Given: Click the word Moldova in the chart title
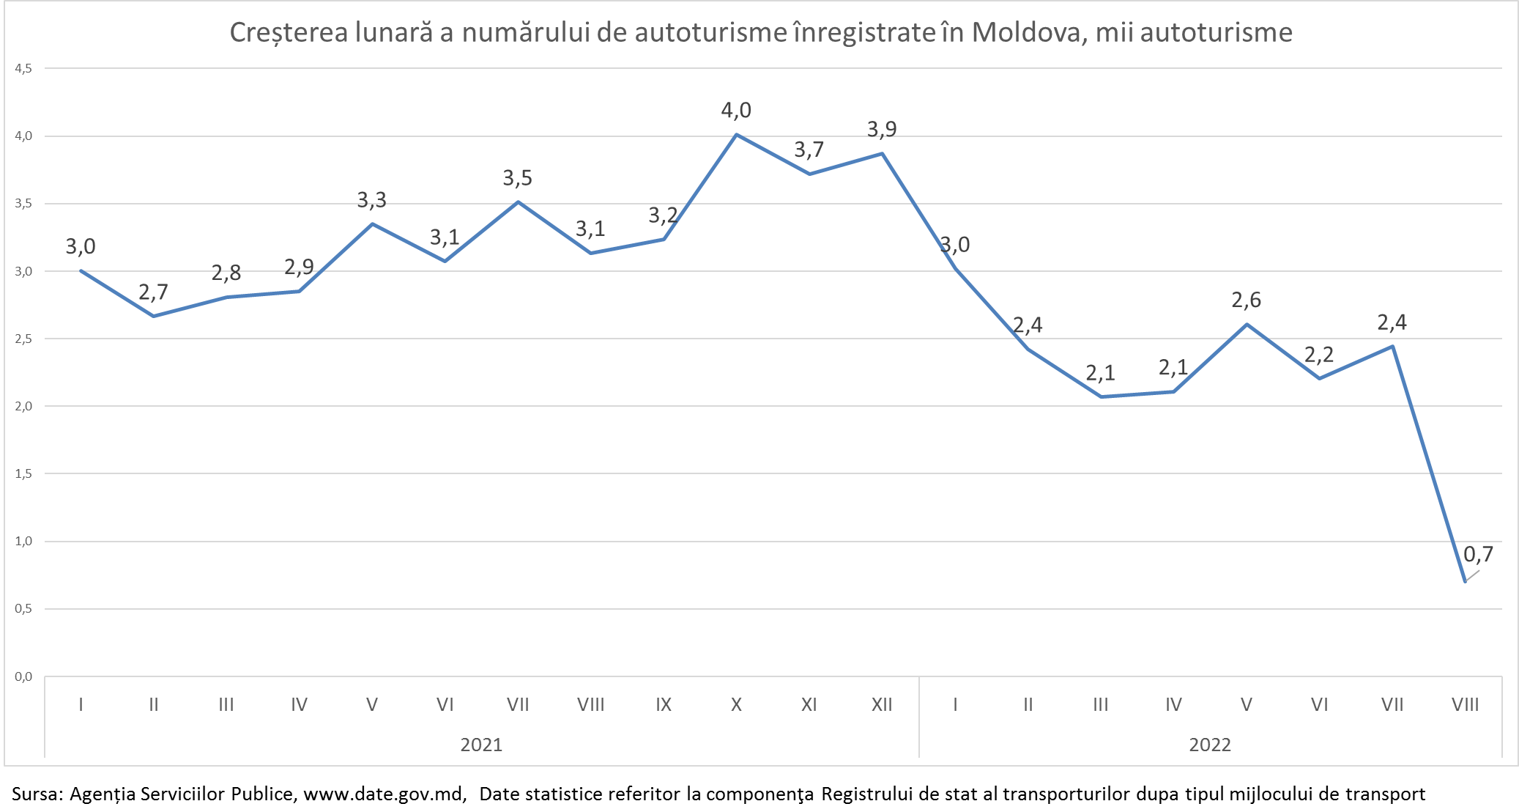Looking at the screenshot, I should click(x=1028, y=33).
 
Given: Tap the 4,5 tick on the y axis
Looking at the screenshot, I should click(x=23, y=68).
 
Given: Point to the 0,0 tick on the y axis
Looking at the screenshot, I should click(x=23, y=676).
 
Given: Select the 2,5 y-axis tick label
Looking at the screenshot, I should click(x=23, y=339).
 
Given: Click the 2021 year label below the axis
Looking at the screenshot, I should click(x=481, y=745).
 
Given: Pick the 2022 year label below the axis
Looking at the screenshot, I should click(x=1210, y=745).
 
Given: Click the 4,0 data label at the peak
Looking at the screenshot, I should click(x=736, y=111).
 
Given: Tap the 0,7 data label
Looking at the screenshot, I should click(x=1478, y=554).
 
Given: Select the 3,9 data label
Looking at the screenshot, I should click(x=882, y=130).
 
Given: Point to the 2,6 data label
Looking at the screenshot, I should click(x=1246, y=300).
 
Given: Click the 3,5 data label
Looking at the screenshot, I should click(x=517, y=178).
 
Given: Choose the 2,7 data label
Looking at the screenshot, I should click(x=153, y=292).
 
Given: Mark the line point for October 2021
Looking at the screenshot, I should click(x=736, y=135).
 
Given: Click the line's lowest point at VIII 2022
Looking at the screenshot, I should click(x=1465, y=581).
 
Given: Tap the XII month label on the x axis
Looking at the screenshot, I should click(x=882, y=705).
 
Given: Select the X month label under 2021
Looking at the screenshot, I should click(x=736, y=705).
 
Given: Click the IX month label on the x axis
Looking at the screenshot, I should click(x=664, y=705).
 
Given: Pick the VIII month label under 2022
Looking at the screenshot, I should click(x=1465, y=705).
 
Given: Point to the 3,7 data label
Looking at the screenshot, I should click(x=809, y=150).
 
